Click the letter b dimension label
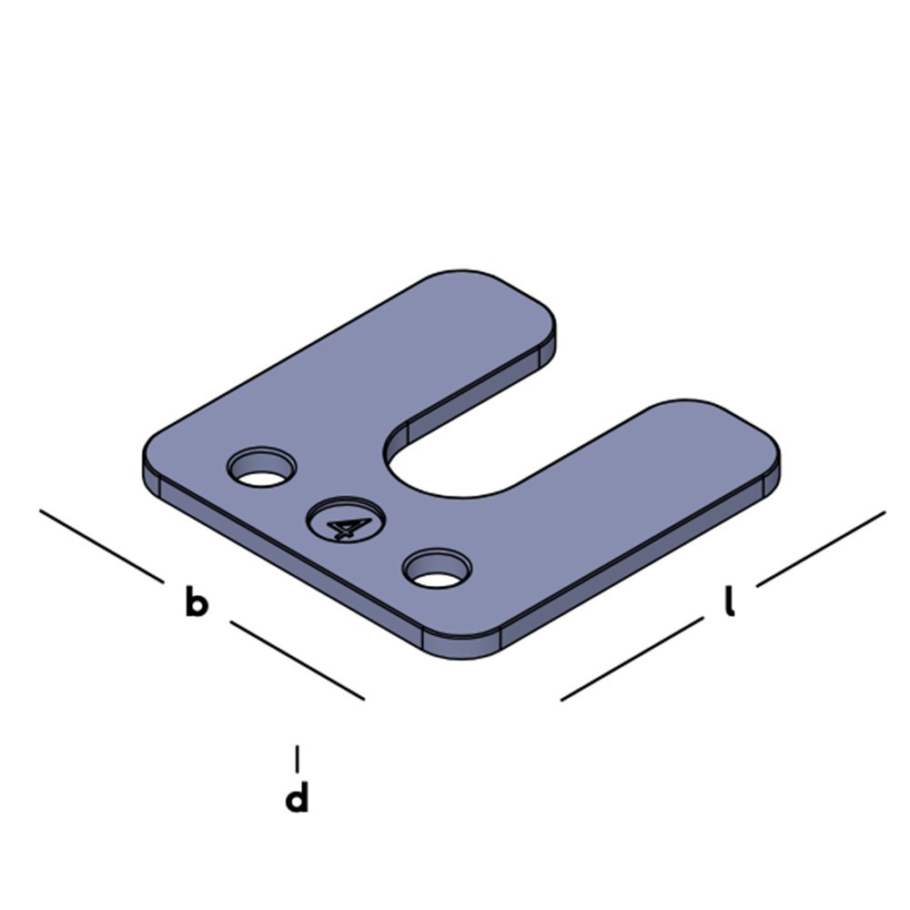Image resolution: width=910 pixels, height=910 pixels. coord(197,602)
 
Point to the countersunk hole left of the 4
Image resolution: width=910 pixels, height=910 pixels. coord(262,467)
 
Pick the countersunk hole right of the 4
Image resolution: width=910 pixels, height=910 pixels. coord(437,568)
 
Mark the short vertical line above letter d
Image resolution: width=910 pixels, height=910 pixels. coord(298,759)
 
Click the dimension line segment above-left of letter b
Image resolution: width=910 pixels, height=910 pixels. coord(102,545)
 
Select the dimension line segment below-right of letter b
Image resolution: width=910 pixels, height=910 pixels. coord(298,661)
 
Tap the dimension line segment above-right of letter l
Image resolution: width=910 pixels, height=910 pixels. coord(821,549)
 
